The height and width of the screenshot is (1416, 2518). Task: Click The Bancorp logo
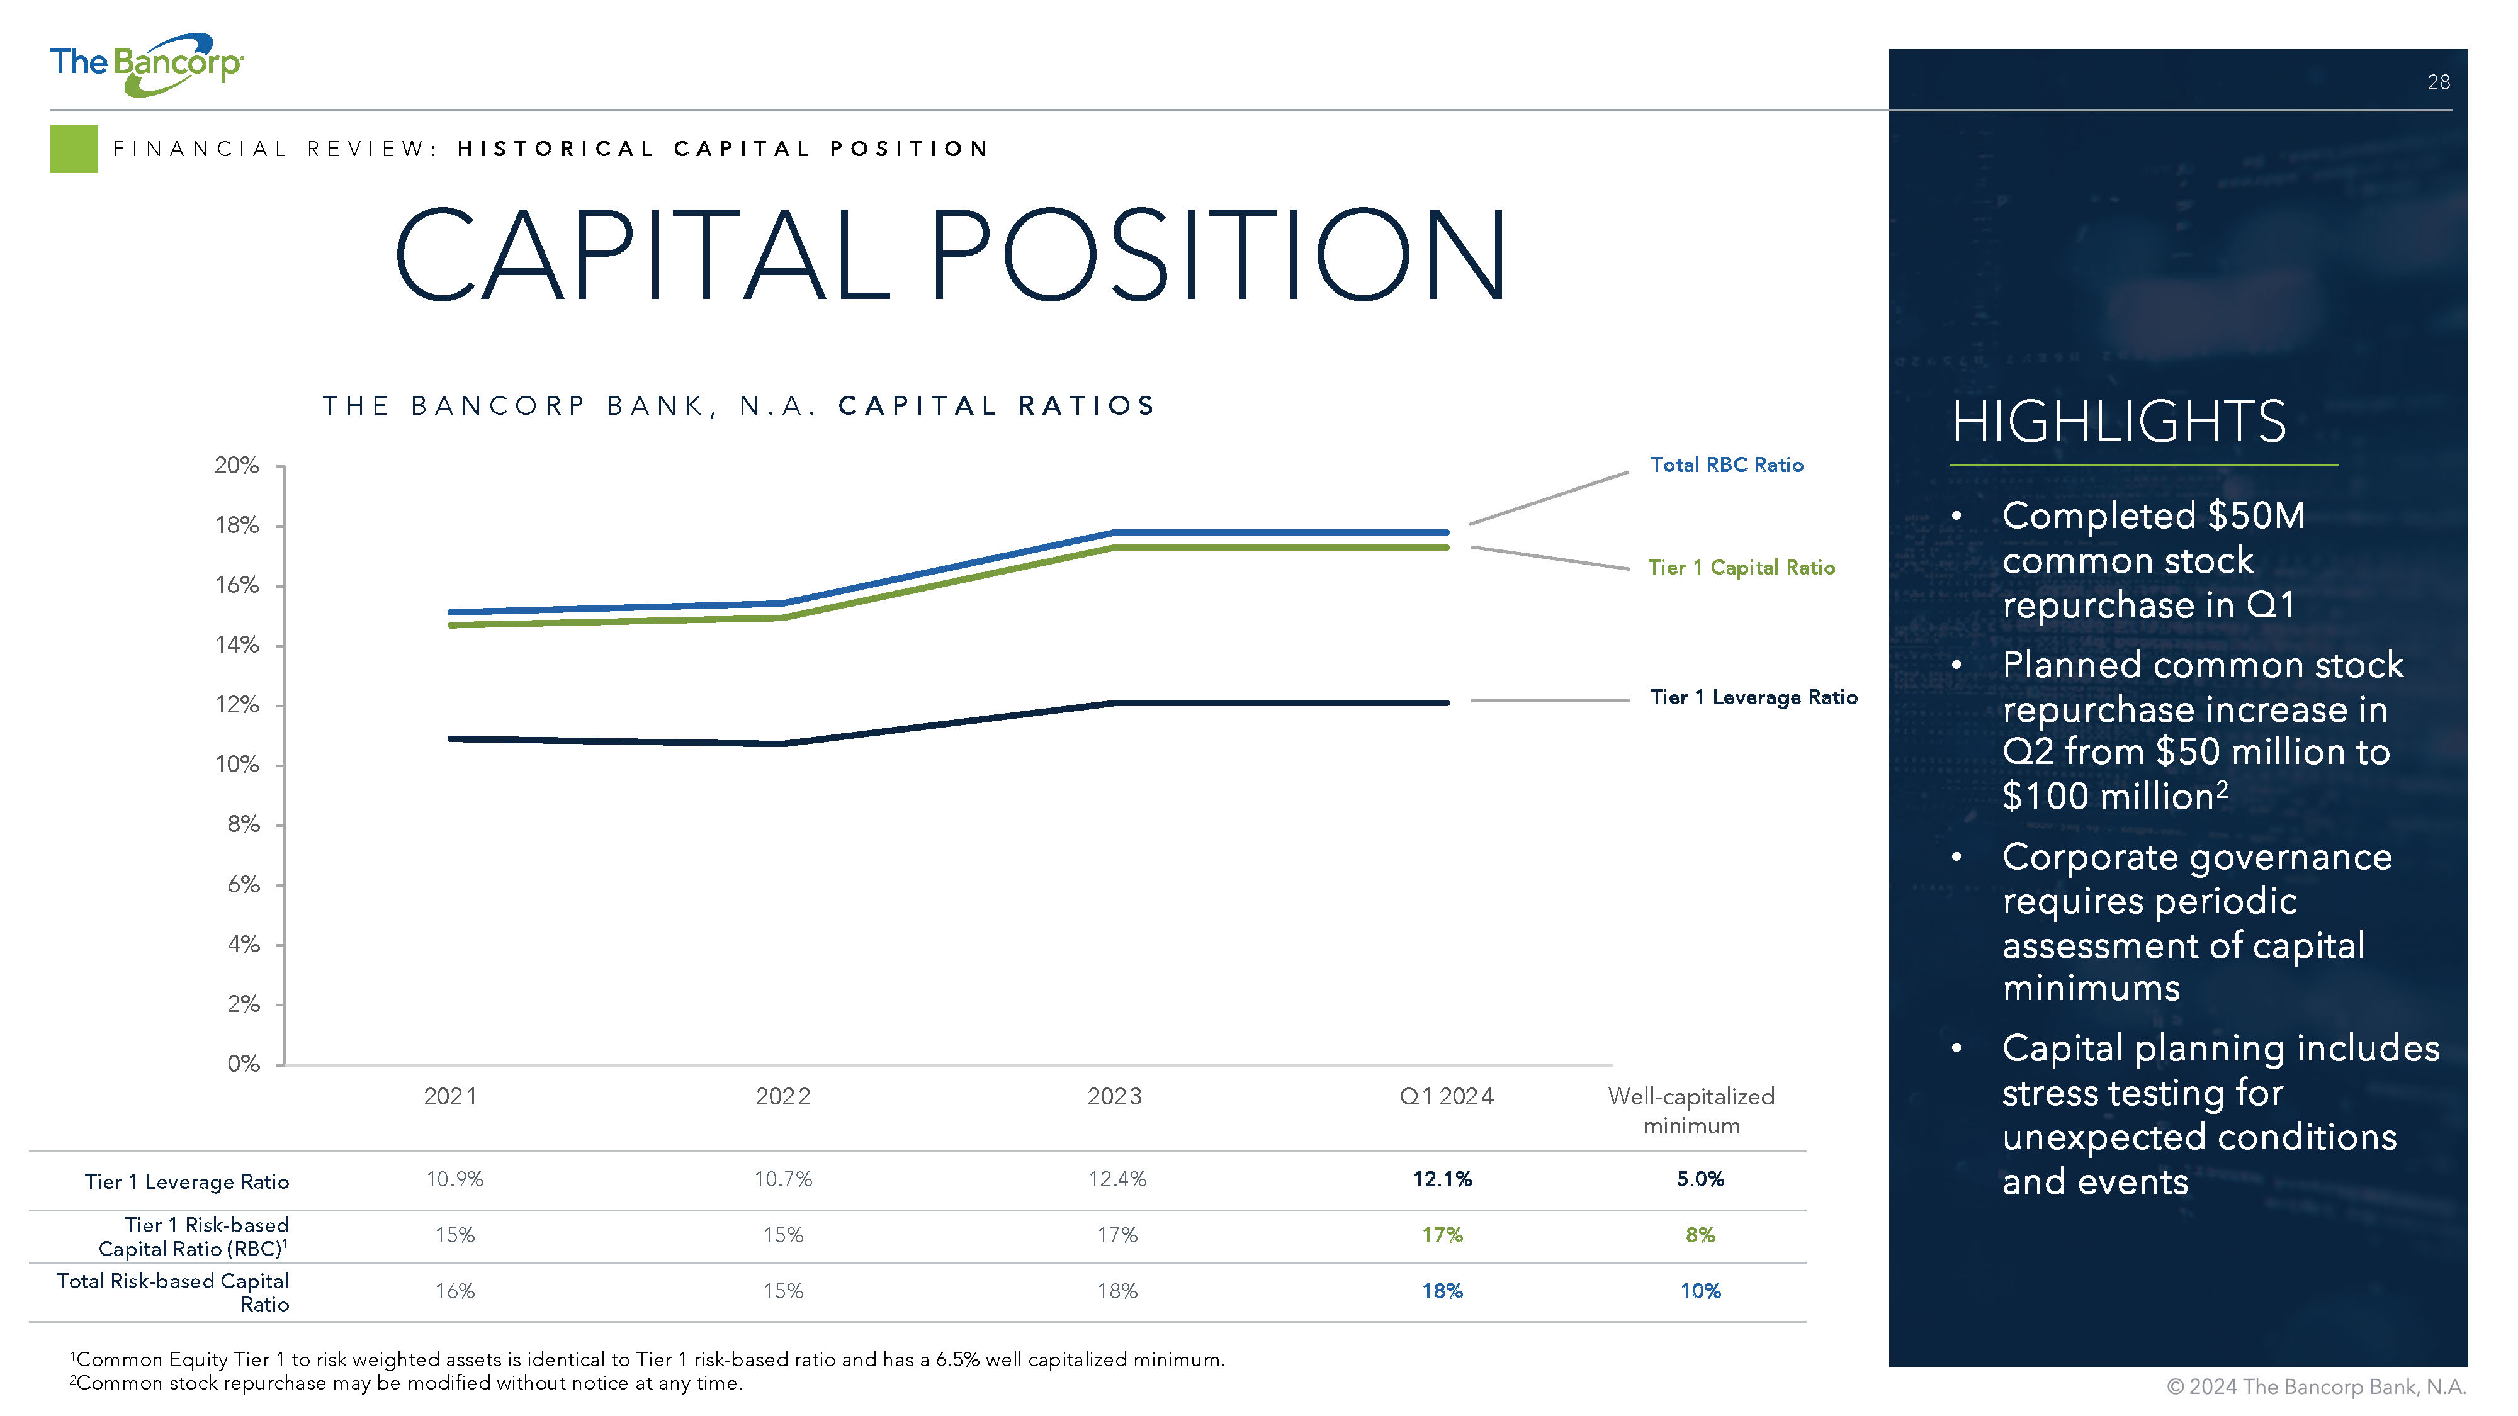click(x=147, y=64)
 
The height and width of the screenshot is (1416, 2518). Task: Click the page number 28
click(x=2438, y=82)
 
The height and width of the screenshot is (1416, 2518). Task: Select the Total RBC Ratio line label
click(x=1726, y=465)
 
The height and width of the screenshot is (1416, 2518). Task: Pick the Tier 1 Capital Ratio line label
click(x=1741, y=568)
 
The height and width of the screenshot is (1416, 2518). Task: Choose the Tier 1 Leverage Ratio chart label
click(x=1754, y=697)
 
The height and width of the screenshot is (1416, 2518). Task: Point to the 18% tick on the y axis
click(x=237, y=525)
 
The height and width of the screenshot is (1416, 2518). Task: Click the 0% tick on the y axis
click(x=244, y=1063)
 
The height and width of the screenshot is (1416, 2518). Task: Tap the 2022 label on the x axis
click(x=783, y=1096)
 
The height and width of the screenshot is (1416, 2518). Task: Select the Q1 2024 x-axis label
click(x=1447, y=1096)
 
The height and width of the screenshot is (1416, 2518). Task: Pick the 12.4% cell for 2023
click(x=1117, y=1179)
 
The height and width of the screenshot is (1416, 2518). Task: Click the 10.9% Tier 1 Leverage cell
click(x=454, y=1179)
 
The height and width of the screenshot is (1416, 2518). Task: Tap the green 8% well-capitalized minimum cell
click(x=1700, y=1235)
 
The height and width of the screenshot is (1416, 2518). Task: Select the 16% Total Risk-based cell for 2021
click(x=454, y=1291)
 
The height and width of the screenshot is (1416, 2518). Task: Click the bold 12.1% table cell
click(x=1442, y=1179)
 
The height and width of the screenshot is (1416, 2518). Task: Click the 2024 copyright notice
click(x=2316, y=1386)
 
